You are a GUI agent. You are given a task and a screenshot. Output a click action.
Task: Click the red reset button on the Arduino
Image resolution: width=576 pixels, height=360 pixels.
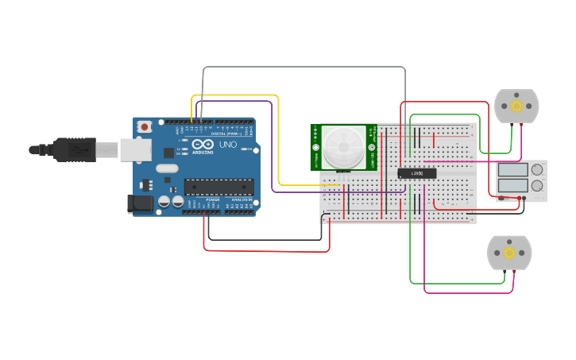tap(145, 126)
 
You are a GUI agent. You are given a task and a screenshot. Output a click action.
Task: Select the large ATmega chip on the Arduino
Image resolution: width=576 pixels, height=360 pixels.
tap(219, 187)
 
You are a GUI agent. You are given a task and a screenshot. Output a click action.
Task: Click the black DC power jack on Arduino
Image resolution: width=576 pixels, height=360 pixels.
tap(141, 203)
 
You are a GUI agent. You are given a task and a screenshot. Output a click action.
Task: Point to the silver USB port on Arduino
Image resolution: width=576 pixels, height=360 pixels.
tap(135, 149)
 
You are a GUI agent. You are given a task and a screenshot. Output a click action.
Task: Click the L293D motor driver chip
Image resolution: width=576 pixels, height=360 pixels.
tap(416, 173)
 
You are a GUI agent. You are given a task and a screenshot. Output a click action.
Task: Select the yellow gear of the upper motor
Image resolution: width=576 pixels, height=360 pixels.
tap(516, 106)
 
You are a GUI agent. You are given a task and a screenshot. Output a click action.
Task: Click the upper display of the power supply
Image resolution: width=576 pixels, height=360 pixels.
tap(513, 169)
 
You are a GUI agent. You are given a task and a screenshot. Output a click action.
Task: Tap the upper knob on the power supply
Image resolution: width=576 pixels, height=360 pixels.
tap(538, 169)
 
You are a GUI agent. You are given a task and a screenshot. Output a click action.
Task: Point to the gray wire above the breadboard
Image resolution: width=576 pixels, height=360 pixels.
tap(302, 68)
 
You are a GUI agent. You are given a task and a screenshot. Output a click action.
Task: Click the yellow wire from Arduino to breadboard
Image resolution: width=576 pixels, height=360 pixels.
tap(238, 96)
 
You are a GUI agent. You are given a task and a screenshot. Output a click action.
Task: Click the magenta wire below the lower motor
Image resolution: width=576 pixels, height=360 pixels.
tap(469, 292)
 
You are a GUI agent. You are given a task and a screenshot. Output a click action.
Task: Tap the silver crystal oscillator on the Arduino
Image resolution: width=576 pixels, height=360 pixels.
tap(167, 168)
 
